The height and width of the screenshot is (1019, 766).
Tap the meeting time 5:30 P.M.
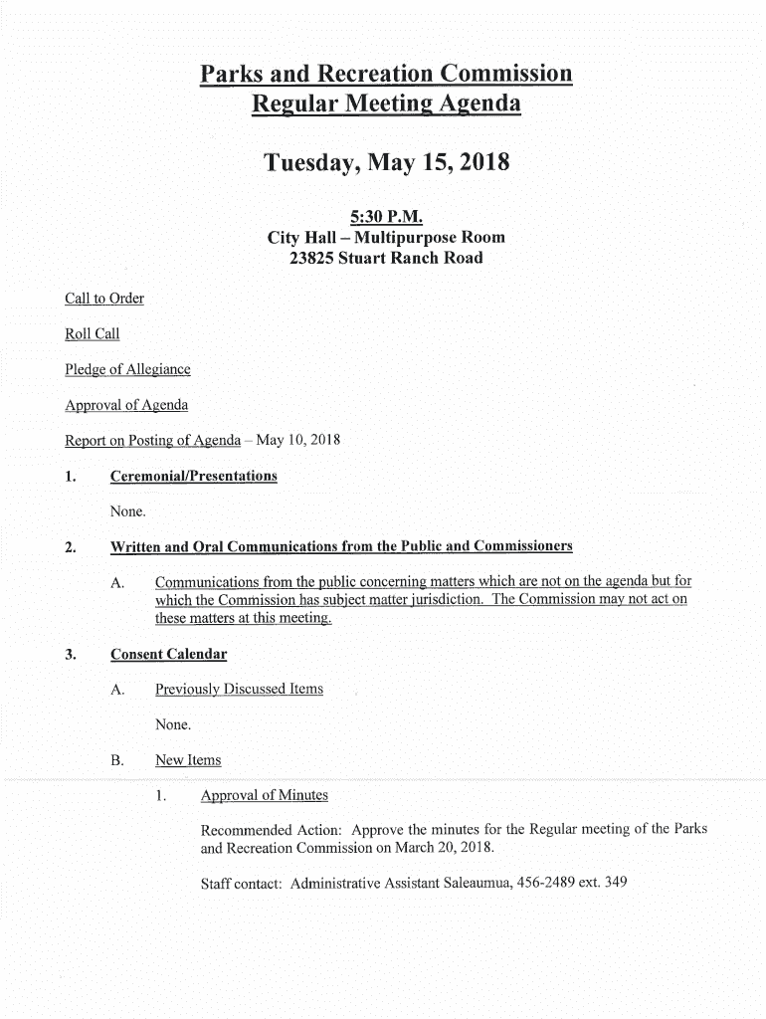(386, 216)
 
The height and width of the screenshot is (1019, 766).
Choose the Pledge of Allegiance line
(127, 370)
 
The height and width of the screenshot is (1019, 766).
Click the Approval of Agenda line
(125, 405)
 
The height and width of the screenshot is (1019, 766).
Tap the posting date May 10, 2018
(298, 440)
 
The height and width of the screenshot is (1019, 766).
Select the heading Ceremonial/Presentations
(193, 476)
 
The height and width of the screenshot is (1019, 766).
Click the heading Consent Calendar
(168, 654)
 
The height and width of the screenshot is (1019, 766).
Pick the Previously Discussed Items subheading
(239, 689)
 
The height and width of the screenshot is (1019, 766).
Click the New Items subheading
(188, 760)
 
